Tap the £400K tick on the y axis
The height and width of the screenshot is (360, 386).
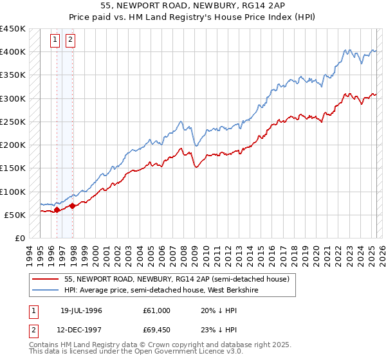[12, 52]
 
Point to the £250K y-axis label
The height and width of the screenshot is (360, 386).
[12, 122]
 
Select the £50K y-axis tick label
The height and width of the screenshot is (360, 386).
[15, 215]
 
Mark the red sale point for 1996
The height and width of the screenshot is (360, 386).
[57, 209]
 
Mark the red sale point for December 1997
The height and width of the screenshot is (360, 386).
[72, 206]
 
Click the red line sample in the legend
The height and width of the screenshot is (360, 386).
[45, 279]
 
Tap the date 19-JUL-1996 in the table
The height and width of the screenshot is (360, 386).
[81, 310]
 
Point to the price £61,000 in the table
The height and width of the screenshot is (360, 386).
[157, 310]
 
